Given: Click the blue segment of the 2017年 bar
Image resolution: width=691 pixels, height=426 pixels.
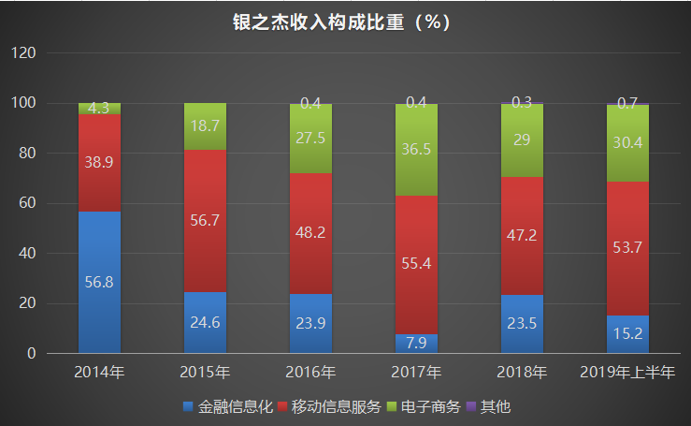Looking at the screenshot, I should (416, 345).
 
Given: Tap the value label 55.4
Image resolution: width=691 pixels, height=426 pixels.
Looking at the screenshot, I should (416, 265).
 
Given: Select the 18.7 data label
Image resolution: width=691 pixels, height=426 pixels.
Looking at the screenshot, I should (205, 125).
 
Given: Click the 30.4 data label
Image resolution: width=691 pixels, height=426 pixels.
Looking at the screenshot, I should (627, 142).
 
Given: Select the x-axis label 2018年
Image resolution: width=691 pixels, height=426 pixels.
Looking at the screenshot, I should (522, 373).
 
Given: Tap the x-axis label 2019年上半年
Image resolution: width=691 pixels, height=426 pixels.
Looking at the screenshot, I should (627, 373).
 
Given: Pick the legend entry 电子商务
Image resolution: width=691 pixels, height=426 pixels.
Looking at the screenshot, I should (424, 407).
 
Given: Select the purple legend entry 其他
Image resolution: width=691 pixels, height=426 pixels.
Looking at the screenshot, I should (490, 407).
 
